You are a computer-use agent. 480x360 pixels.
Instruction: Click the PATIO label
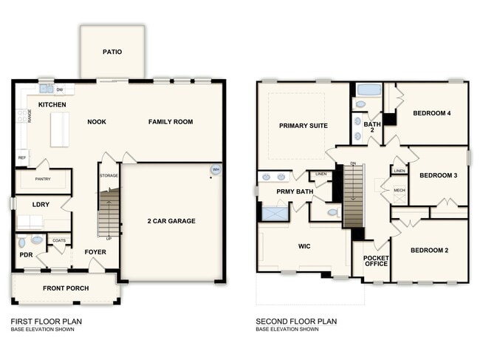pos(112,52)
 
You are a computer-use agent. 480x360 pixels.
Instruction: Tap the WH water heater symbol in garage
pos(216,169)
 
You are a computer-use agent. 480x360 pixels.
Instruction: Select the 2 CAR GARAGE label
pos(172,220)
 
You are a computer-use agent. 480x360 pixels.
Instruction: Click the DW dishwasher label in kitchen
pos(60,89)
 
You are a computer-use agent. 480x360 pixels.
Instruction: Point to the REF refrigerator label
pos(21,157)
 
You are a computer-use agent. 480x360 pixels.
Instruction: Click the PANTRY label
pos(43,179)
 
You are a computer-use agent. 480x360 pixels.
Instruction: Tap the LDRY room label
pos(30,204)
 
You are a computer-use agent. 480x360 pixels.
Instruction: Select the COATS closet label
pos(59,240)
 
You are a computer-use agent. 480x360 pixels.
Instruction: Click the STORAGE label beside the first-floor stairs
pos(109,176)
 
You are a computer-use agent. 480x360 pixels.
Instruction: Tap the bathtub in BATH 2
pos(368,90)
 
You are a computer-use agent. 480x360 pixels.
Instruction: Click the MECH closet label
pos(399,190)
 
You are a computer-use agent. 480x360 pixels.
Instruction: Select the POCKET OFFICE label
pos(376,261)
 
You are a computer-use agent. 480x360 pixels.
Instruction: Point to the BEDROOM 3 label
pos(439,176)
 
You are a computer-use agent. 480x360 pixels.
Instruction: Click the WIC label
pos(304,245)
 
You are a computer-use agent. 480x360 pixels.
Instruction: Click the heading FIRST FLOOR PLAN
pos(46,322)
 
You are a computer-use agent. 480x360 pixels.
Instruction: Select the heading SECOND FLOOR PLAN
pos(296,322)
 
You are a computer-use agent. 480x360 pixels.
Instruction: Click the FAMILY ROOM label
pos(171,122)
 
